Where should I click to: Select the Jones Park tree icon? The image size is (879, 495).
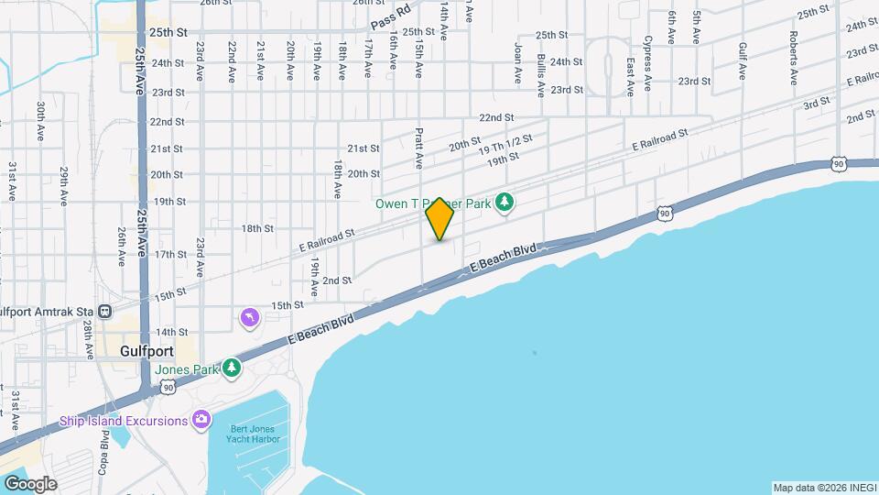click(x=233, y=368)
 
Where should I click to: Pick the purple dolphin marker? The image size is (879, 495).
click(x=249, y=318)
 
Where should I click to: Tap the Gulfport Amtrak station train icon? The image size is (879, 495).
click(x=105, y=312)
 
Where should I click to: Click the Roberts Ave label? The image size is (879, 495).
click(x=794, y=54)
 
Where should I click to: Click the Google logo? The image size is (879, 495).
click(x=29, y=483)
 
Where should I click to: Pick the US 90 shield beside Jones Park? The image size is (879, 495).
click(x=167, y=388)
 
